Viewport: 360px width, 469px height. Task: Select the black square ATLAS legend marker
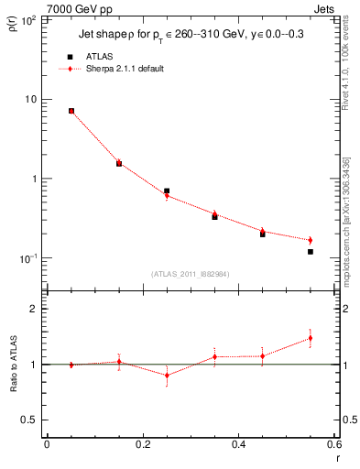point(70,57)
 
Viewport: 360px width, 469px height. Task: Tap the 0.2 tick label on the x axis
point(142,445)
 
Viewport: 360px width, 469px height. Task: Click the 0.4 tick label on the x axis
point(238,445)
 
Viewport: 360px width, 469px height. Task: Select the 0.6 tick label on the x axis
point(333,445)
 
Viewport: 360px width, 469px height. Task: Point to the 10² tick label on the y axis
point(29,20)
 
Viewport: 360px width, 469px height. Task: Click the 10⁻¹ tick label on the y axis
point(29,258)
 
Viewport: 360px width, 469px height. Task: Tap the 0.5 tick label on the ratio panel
point(32,420)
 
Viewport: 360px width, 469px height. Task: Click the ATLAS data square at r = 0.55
point(311,252)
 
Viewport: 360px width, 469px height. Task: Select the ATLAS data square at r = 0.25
point(167,191)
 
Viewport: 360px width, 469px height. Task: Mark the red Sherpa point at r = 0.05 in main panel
point(71,111)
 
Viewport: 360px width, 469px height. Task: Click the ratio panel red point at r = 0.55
point(311,338)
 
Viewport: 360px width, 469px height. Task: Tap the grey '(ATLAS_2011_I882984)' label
point(190,274)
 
